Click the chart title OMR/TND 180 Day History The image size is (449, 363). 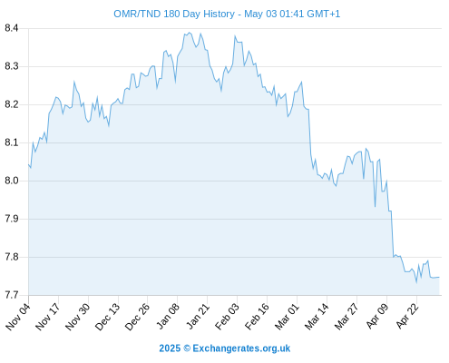click(174, 14)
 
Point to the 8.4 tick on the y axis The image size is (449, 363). click(12, 28)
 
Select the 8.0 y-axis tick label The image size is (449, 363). click(12, 181)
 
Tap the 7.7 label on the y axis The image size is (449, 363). click(12, 295)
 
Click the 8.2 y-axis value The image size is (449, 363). click(12, 104)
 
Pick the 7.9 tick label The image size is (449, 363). click(12, 219)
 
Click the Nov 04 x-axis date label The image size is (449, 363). click(18, 317)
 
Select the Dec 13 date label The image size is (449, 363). click(108, 317)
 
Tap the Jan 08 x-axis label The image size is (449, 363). click(168, 317)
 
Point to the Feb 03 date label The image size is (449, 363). click(227, 317)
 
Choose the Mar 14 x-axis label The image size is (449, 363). click(317, 317)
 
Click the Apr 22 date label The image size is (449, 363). click(407, 317)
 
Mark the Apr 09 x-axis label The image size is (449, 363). click(377, 317)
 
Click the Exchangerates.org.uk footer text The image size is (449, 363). click(241, 348)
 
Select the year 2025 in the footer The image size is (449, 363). click(170, 348)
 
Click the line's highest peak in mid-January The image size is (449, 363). click(190, 33)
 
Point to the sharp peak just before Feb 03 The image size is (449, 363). click(235, 36)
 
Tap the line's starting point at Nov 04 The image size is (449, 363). click(29, 164)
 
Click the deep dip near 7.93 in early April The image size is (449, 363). click(375, 207)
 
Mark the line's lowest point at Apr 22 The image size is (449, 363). click(416, 282)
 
